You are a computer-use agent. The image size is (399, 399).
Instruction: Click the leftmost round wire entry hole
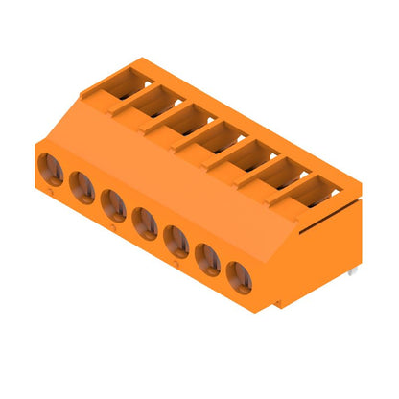[x=51, y=171]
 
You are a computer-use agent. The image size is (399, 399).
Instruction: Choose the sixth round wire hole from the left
[x=208, y=257]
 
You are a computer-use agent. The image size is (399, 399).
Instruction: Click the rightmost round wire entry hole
[x=240, y=275]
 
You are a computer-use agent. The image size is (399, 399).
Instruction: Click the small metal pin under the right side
[x=352, y=273]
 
